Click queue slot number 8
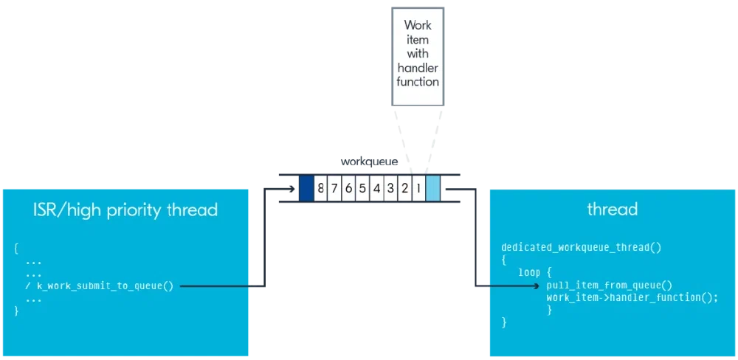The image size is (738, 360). (x=320, y=188)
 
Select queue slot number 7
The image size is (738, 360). (x=334, y=188)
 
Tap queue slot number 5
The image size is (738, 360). (x=362, y=188)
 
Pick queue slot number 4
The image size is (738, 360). (x=376, y=188)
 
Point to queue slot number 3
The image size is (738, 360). (x=390, y=188)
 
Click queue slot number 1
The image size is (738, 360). (x=418, y=188)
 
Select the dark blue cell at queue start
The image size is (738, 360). (x=306, y=188)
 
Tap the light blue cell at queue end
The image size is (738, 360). (x=433, y=188)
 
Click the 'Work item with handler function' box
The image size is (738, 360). (x=418, y=54)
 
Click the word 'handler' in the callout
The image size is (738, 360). (x=418, y=68)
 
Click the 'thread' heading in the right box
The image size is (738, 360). (x=612, y=210)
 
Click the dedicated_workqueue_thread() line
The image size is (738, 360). (x=581, y=246)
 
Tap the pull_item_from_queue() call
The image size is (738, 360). (x=610, y=285)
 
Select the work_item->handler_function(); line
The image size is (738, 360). (x=632, y=297)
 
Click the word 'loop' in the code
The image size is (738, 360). (x=529, y=272)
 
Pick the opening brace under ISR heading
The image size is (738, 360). (x=16, y=247)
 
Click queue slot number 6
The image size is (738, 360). (x=348, y=188)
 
